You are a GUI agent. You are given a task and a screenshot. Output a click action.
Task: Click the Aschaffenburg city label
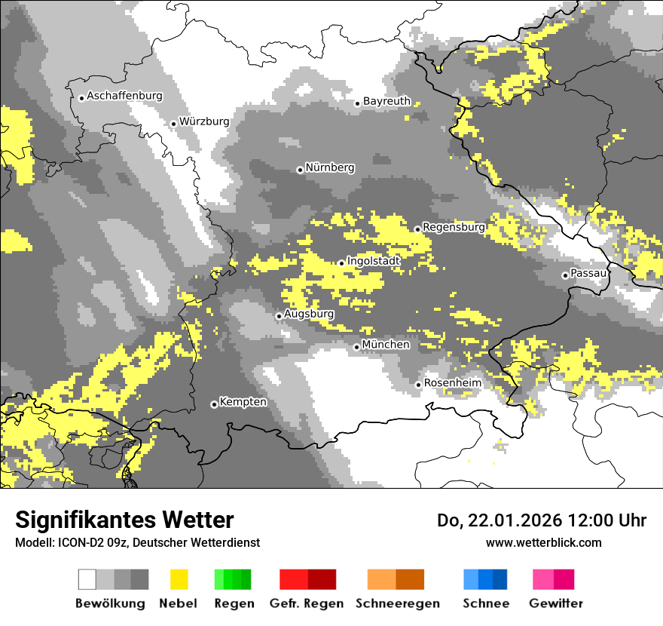[x=124, y=97]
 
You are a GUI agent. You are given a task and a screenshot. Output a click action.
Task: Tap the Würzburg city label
[x=204, y=121]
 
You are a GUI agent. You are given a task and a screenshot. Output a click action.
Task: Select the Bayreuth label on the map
[x=386, y=101]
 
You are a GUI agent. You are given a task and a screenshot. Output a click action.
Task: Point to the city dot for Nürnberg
[x=300, y=170]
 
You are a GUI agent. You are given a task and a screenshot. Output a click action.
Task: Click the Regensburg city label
[x=454, y=227]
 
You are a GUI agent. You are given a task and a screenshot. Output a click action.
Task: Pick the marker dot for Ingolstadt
[x=341, y=263]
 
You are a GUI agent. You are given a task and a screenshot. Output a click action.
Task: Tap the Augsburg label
[x=309, y=314]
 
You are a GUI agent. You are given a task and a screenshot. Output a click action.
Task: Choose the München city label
[x=386, y=345]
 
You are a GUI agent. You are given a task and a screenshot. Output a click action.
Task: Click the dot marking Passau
[x=565, y=275]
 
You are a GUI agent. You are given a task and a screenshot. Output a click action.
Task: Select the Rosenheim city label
[x=452, y=383]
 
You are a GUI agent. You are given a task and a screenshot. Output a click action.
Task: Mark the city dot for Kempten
[x=214, y=405]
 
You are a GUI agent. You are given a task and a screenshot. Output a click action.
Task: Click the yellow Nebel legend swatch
[x=179, y=579]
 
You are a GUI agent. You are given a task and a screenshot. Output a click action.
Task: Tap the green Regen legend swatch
[x=233, y=579]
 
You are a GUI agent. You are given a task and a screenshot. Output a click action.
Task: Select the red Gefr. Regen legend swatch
[x=307, y=579]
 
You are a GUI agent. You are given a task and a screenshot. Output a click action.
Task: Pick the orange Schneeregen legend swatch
[x=396, y=579]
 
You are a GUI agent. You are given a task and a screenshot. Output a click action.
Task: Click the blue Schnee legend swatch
[x=485, y=579]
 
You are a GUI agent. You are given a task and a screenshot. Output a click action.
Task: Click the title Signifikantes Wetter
[x=124, y=520]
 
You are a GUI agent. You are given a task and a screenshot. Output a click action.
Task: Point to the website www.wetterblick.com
[x=543, y=542]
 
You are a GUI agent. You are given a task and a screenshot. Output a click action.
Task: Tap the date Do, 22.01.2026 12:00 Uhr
[x=542, y=520]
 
